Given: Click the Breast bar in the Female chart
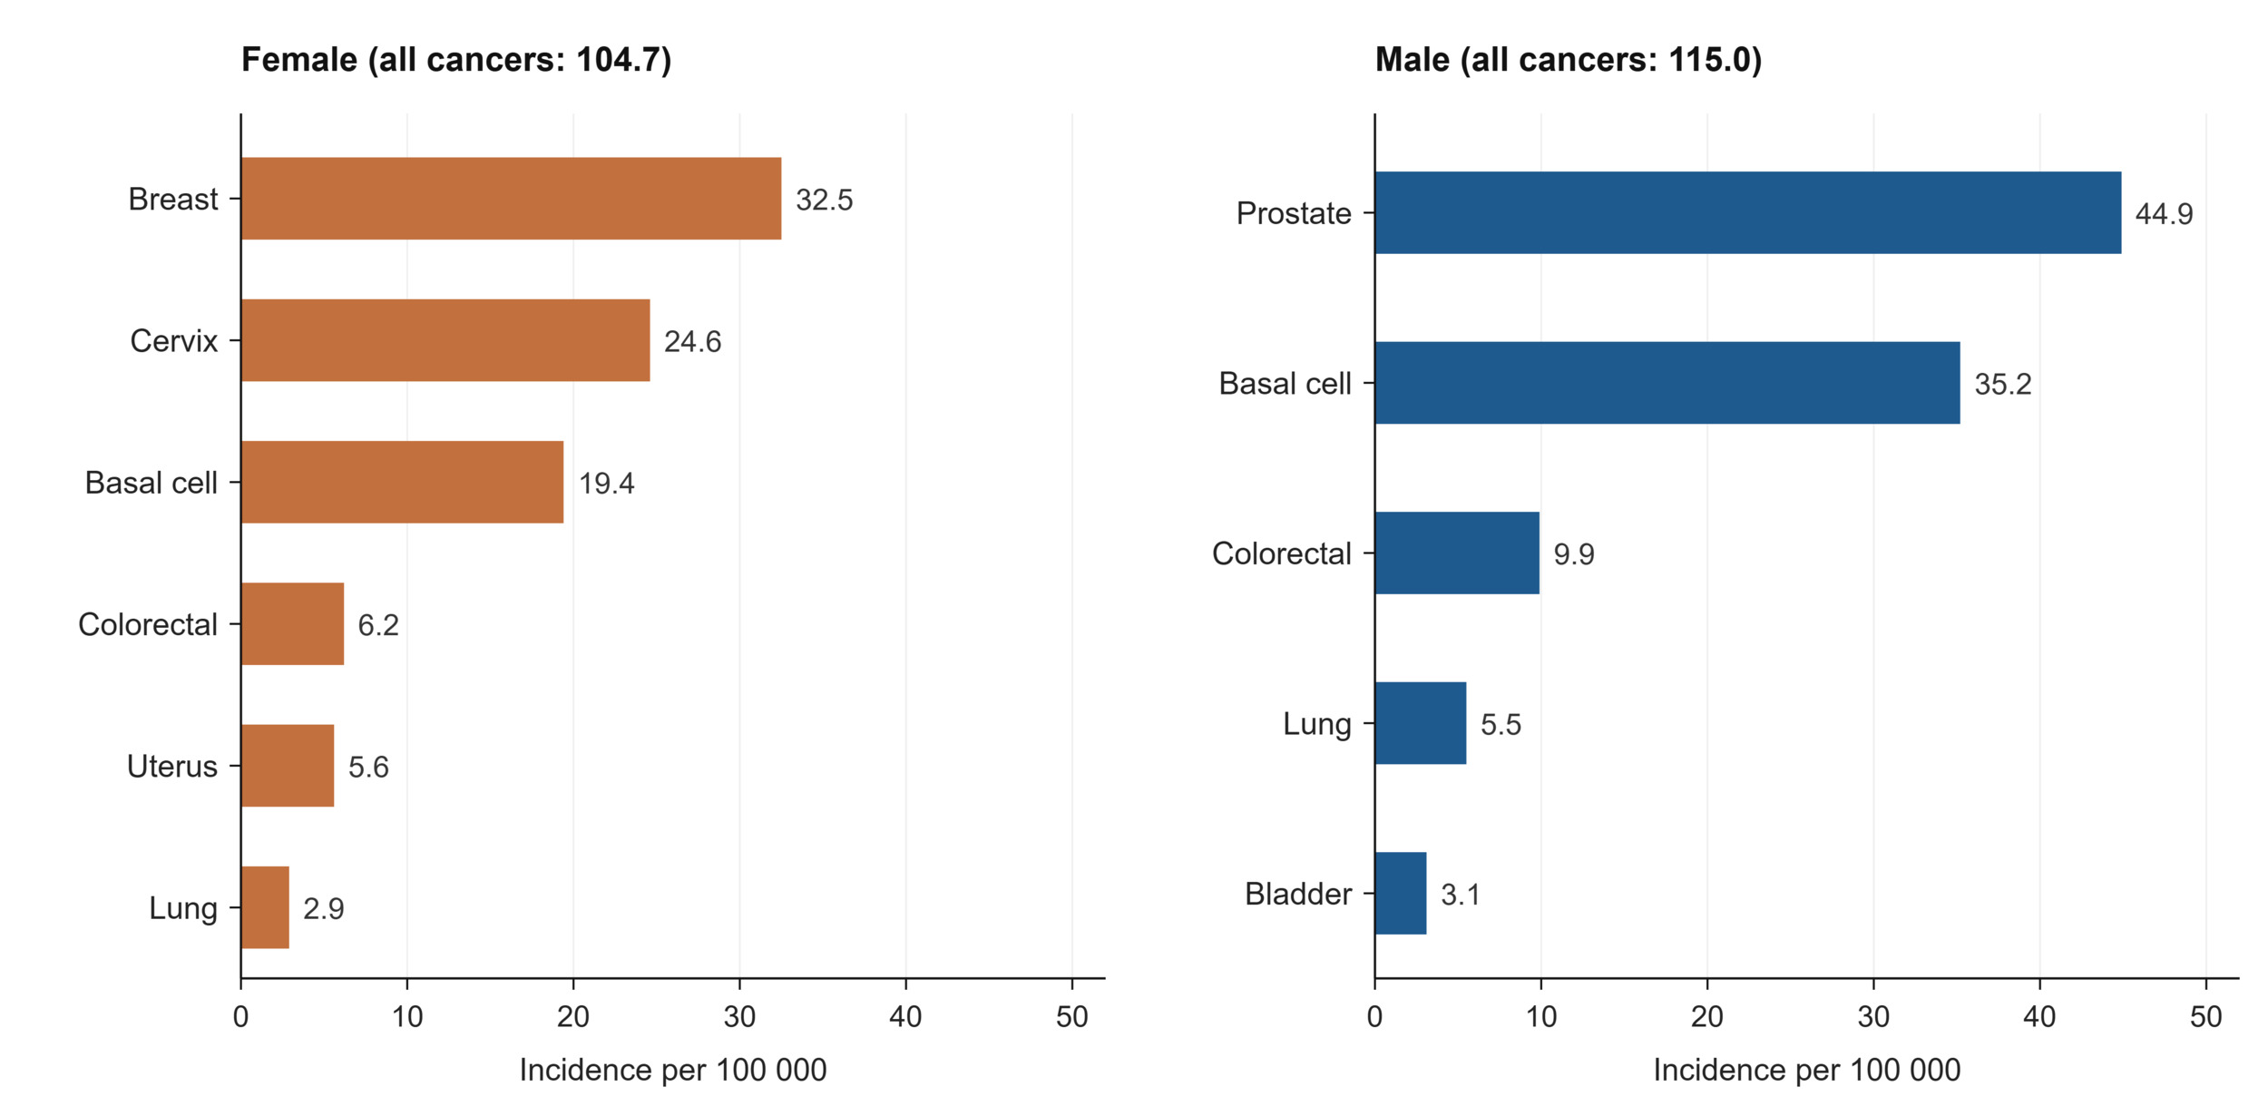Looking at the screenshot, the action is [x=511, y=199].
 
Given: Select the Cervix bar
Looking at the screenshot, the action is [x=445, y=340].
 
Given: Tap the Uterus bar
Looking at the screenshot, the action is [x=288, y=766].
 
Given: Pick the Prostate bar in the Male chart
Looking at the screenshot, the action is [x=1748, y=213].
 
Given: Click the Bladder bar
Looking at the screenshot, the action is [x=1401, y=894].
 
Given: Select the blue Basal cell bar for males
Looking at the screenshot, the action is [x=1667, y=383].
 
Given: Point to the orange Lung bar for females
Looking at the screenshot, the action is [x=265, y=907].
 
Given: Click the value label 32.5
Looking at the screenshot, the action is [x=824, y=200].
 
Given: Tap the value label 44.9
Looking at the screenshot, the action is [x=2164, y=214].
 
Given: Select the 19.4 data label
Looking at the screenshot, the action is [x=606, y=484].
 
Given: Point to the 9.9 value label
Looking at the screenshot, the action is [x=1574, y=554].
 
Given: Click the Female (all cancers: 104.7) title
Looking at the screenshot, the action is [x=456, y=60].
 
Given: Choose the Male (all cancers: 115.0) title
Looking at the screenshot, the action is [x=1569, y=60].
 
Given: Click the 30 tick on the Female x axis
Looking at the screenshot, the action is [x=739, y=1017].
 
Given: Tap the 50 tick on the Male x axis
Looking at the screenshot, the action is [x=2205, y=1017].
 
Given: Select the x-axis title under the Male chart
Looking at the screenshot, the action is [x=1806, y=1071].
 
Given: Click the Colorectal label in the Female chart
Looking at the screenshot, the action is [x=148, y=624].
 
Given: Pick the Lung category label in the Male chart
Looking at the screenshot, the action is [x=1317, y=725].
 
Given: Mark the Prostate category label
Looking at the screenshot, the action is [x=1294, y=213].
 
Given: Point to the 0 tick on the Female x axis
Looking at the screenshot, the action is [x=240, y=1017].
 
